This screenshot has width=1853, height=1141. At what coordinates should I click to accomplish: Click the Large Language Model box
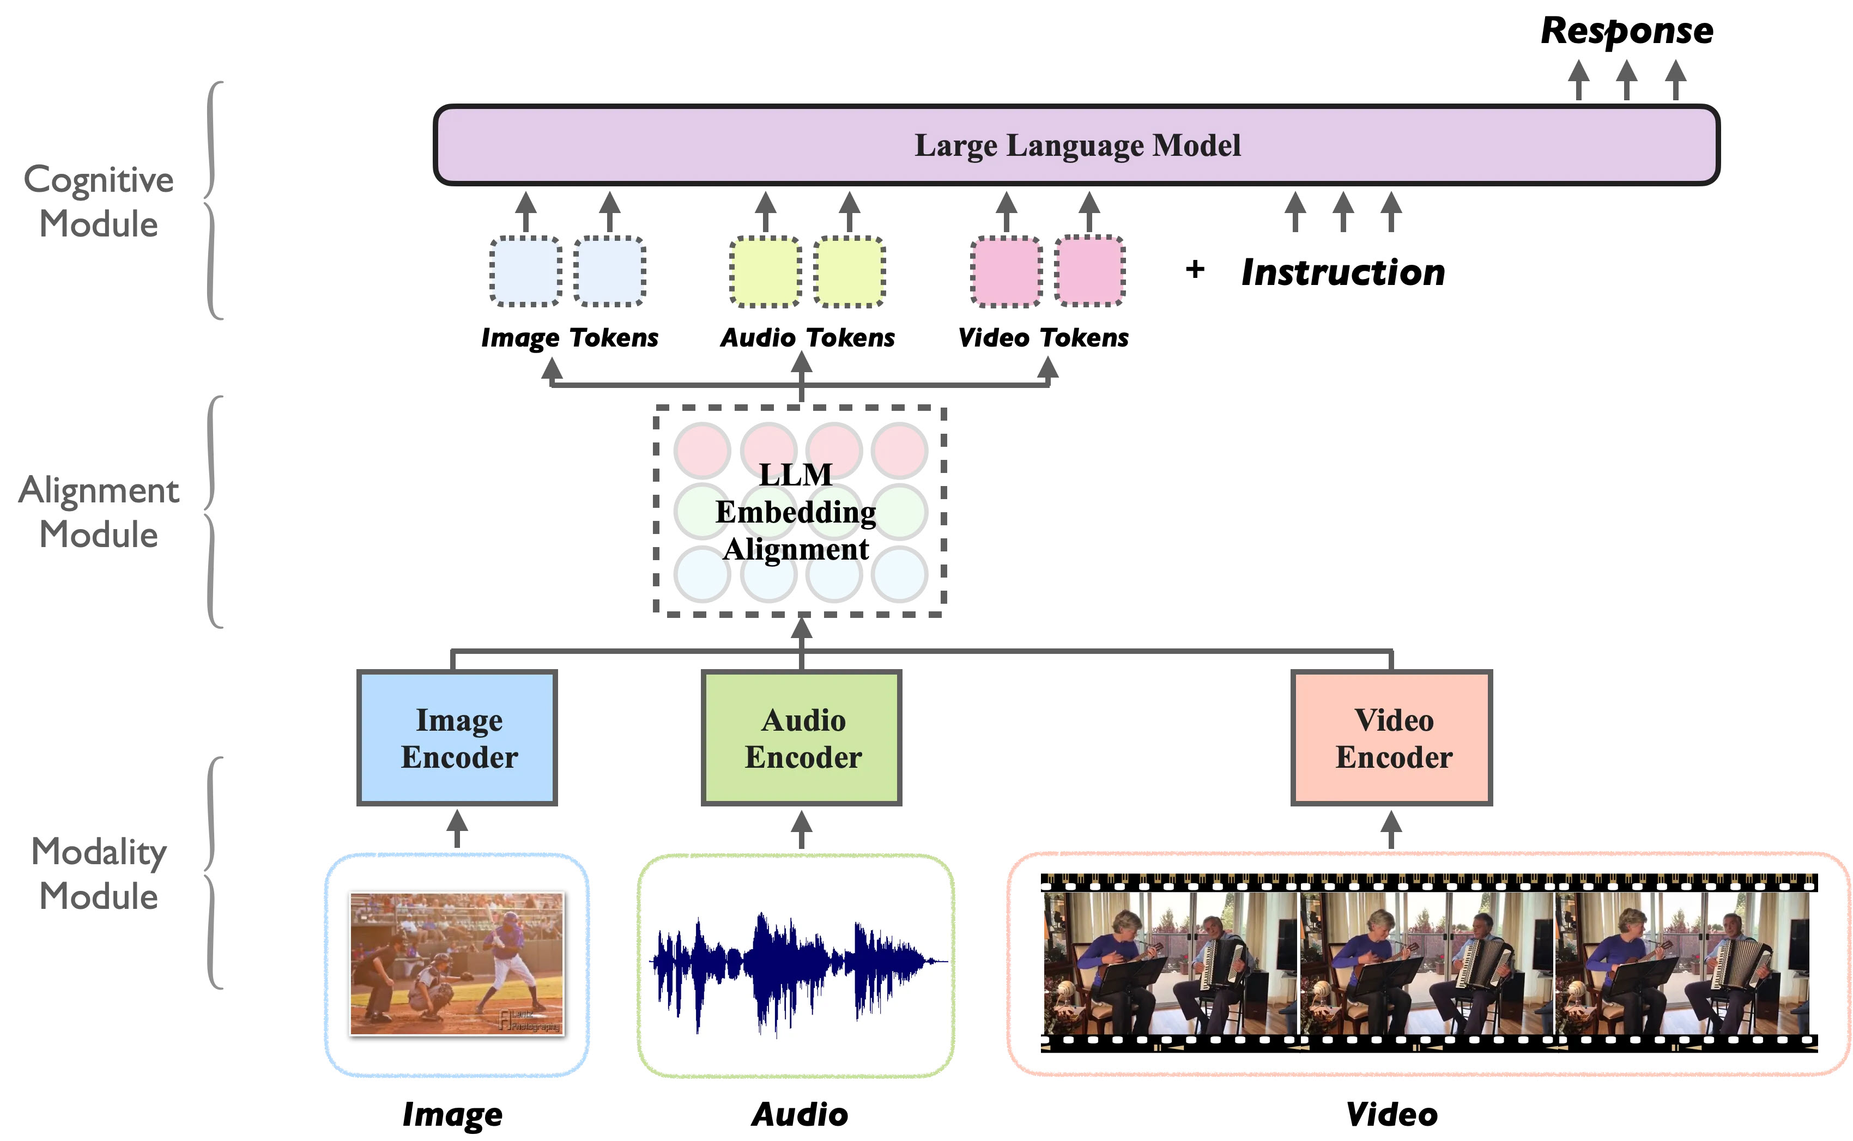(x=1076, y=145)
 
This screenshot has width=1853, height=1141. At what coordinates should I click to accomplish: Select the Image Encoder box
(x=457, y=738)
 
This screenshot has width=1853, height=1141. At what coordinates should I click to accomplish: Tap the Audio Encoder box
(x=802, y=738)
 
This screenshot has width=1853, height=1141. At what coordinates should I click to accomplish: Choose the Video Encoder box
(x=1392, y=738)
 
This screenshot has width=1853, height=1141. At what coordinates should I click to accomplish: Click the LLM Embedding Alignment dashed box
(x=800, y=512)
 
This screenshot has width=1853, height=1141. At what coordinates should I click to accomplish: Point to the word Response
(x=1627, y=32)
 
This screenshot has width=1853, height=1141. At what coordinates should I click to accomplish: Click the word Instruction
(x=1343, y=272)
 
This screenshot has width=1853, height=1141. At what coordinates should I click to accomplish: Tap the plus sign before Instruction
(x=1195, y=269)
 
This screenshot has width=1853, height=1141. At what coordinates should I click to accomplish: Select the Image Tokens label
(x=570, y=337)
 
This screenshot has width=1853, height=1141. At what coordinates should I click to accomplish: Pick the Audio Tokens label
(x=808, y=337)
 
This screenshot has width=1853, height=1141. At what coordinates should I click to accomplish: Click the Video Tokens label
(x=1043, y=337)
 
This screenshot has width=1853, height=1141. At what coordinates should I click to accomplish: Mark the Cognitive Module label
(x=99, y=202)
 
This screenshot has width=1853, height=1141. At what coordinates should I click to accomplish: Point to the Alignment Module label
(x=99, y=512)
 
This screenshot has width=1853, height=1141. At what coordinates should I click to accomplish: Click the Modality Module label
(x=99, y=874)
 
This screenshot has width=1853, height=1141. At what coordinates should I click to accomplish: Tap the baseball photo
(x=457, y=964)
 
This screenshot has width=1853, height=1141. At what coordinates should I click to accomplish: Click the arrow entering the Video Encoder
(x=1391, y=829)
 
